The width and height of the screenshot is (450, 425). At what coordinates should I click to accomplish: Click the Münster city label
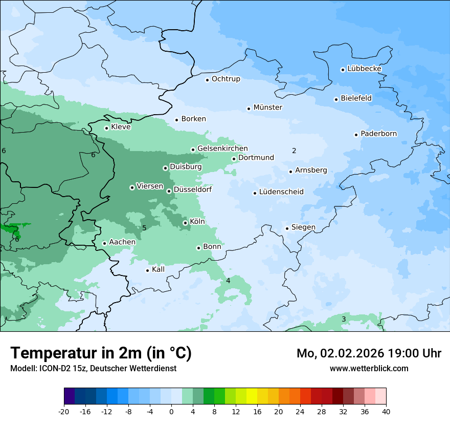pos(267,108)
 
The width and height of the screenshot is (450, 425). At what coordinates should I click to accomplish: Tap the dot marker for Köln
pos(185,223)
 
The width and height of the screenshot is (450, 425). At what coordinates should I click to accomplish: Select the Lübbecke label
pos(364,69)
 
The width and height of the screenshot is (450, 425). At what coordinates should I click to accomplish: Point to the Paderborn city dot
pos(356,135)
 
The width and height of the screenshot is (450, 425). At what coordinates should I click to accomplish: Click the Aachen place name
pos(122,242)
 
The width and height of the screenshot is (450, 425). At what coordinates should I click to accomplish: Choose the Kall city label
pos(158,269)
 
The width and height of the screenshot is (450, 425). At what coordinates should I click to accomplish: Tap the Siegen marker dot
pos(287,228)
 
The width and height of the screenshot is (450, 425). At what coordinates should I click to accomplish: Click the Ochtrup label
pos(226,79)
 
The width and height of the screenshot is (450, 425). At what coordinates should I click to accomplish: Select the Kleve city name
pos(121,127)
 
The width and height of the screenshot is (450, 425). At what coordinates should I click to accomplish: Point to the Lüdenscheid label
pos(281,192)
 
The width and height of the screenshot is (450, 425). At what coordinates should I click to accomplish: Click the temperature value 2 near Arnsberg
pos(294,151)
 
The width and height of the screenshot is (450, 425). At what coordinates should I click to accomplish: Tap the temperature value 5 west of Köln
pos(144,228)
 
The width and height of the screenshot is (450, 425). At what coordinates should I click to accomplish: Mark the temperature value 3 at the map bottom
pos(344,319)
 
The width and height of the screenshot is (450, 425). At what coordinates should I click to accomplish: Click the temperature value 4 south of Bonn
pos(228,281)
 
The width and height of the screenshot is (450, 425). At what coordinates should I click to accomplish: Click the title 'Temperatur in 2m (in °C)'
pos(101,353)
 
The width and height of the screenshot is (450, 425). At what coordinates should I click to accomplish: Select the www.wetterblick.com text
pos(369,369)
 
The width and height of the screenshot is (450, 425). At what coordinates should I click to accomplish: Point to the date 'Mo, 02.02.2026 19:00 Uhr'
pos(369,353)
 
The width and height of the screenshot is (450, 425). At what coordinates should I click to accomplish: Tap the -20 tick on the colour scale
pos(64,412)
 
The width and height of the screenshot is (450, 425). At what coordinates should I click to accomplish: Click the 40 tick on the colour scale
pos(386,412)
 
